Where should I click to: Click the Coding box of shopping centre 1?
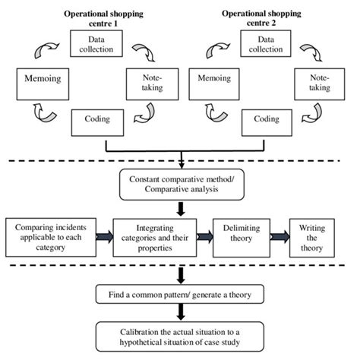point(98,119)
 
